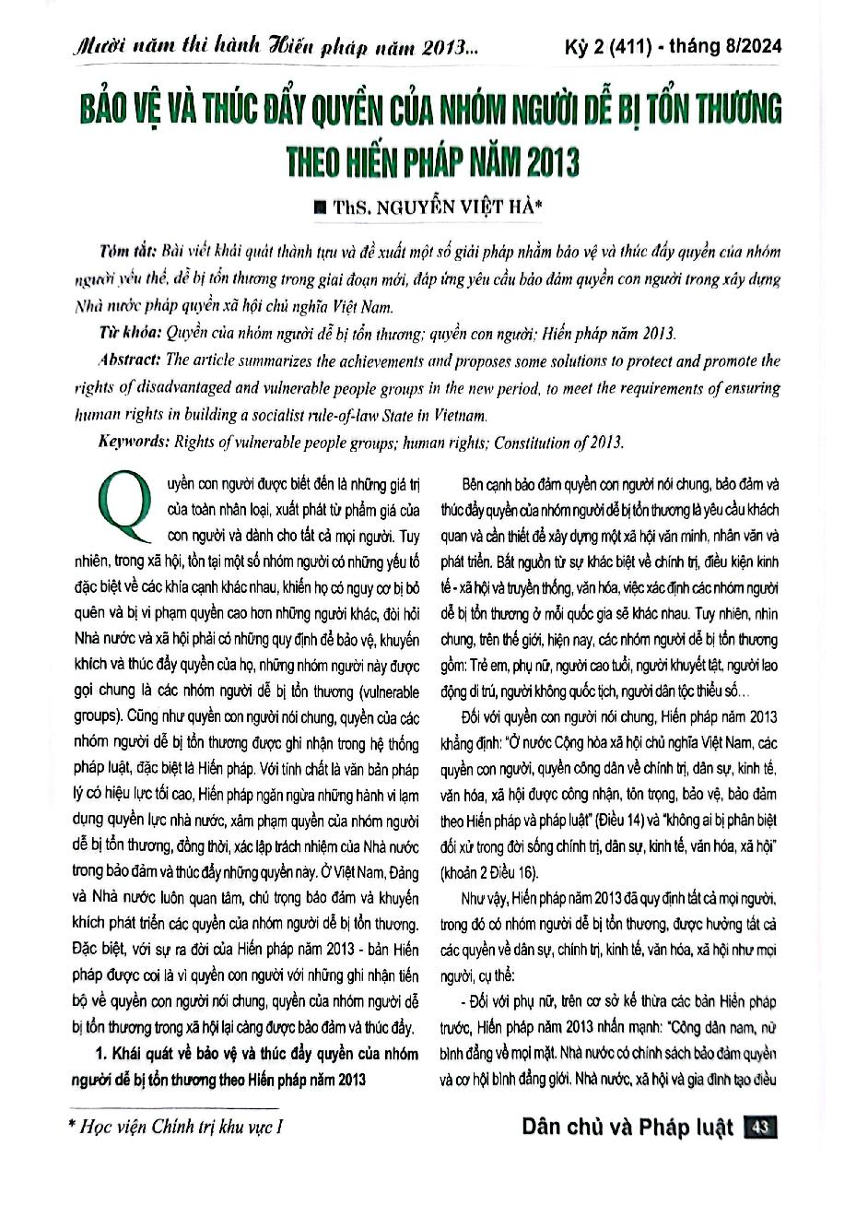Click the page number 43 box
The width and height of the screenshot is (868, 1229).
tap(761, 1127)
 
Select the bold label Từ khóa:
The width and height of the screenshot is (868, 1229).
tap(130, 334)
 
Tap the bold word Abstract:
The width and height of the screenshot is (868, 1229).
tap(130, 360)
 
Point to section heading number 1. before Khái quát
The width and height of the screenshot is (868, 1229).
tap(102, 1053)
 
